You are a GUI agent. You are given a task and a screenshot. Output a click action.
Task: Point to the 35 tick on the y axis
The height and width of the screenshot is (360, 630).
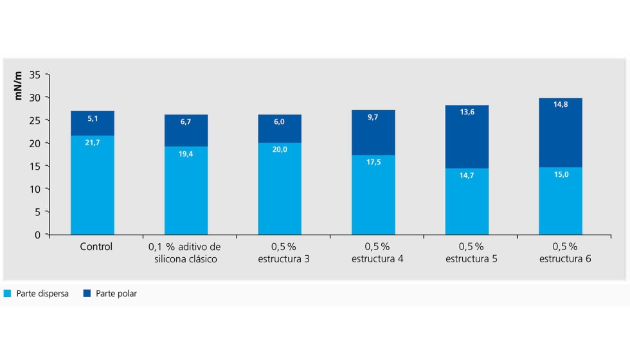(x=35, y=75)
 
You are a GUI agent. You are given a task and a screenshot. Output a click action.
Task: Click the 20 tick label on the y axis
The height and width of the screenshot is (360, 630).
(x=35, y=143)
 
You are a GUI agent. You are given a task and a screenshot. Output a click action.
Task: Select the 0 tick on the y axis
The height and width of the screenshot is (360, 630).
(x=37, y=235)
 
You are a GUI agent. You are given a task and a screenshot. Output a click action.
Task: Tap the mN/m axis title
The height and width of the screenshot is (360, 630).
(x=19, y=86)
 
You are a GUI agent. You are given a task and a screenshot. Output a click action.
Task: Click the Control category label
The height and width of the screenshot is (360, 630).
(x=96, y=247)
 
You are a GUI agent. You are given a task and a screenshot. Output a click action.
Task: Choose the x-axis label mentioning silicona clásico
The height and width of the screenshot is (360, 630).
(x=186, y=253)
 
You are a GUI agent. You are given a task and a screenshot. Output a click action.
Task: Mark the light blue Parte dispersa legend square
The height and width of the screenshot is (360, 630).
(x=8, y=294)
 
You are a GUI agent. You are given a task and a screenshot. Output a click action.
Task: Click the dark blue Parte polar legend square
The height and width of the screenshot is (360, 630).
(x=87, y=294)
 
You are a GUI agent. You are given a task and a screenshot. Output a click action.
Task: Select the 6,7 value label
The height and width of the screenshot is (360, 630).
(x=186, y=122)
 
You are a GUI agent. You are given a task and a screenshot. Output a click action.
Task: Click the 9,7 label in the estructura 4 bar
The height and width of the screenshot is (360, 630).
(x=373, y=118)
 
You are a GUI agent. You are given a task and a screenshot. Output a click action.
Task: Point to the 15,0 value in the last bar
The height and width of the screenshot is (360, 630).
(x=560, y=174)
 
